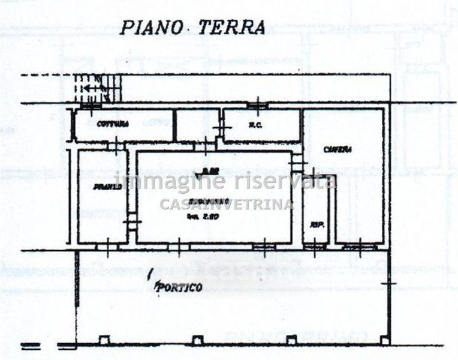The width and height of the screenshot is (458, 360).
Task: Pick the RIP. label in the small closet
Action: tap(314, 224)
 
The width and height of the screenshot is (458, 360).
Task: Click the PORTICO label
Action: tap(178, 287)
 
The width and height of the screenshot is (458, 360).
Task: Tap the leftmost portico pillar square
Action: tap(104, 341)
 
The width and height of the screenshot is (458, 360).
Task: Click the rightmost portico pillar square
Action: tap(385, 340)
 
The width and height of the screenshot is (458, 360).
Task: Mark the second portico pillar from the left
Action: tap(197, 341)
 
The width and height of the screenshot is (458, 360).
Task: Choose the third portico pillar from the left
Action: tap(291, 341)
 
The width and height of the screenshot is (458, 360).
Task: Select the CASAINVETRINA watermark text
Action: tap(227, 205)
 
